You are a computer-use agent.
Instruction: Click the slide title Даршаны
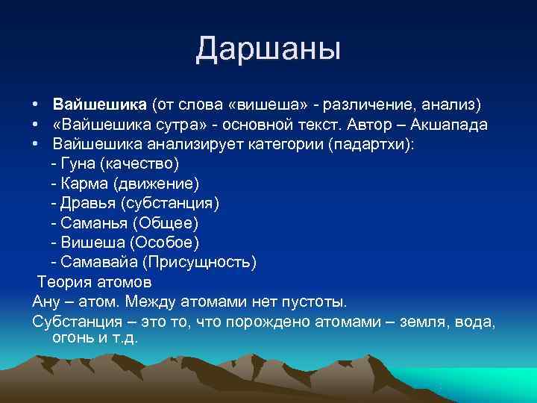tap(268, 49)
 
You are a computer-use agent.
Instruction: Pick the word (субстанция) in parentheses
tap(177, 203)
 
